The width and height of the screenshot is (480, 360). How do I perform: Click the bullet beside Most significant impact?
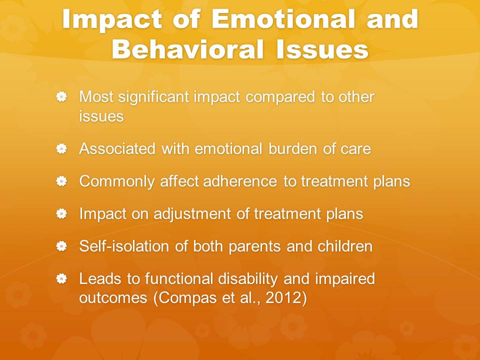(61, 96)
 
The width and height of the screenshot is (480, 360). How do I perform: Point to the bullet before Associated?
(61, 149)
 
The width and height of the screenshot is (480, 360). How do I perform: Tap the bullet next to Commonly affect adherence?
(61, 181)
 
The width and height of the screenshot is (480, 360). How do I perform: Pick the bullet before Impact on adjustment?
(61, 213)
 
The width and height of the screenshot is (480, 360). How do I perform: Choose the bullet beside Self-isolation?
(61, 246)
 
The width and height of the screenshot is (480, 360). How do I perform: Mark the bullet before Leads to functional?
(61, 278)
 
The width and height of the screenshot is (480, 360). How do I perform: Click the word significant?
(153, 97)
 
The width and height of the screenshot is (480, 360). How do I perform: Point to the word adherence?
(240, 181)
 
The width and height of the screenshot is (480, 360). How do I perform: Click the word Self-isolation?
(124, 246)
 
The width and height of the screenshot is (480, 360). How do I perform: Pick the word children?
(345, 246)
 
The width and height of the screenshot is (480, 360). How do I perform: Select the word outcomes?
(113, 298)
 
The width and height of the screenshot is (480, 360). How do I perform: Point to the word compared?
(280, 97)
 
